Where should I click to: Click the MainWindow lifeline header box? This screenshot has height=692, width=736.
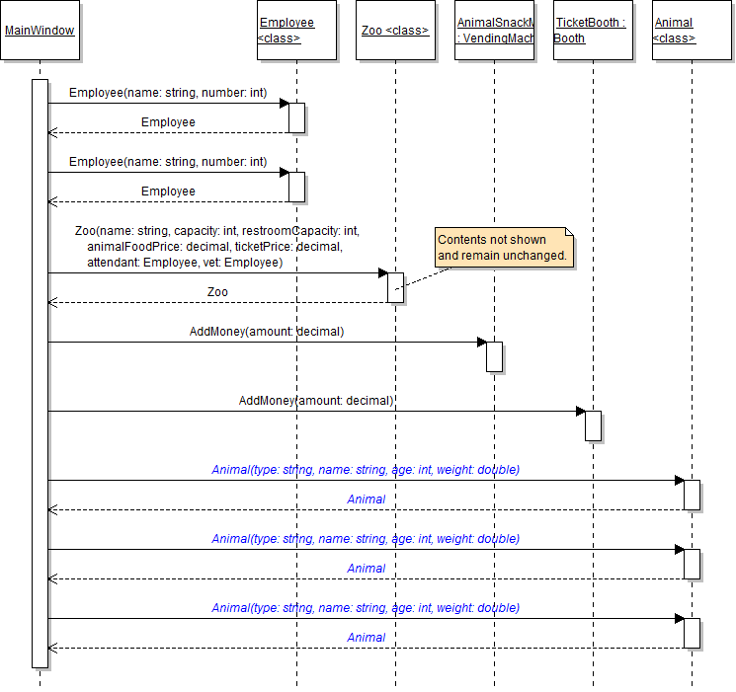point(40,31)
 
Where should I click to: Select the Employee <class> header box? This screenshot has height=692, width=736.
point(296,31)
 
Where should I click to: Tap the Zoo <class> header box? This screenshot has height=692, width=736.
point(395,31)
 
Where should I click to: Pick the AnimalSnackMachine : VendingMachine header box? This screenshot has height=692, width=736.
point(494,31)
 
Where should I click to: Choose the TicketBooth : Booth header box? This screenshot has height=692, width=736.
point(593,31)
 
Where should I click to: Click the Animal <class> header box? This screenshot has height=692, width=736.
point(692,31)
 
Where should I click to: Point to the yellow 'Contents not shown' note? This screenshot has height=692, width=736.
point(502,247)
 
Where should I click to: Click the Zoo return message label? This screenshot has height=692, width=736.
point(217,292)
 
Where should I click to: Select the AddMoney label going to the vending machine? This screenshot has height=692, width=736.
point(267,332)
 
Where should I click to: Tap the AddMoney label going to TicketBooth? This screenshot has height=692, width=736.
point(316,401)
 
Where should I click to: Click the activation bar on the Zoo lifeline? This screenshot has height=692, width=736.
point(395,287)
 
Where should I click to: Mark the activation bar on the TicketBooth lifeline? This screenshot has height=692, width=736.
point(593,425)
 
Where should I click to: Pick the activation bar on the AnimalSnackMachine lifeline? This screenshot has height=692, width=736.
point(494,356)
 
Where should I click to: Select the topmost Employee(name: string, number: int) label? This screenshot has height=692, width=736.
point(168,93)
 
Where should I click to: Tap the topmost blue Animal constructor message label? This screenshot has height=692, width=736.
point(366,470)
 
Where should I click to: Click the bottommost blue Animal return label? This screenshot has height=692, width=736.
point(366,638)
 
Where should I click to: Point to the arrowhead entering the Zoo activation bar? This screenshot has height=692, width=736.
point(382,273)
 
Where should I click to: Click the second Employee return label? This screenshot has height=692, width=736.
point(168,192)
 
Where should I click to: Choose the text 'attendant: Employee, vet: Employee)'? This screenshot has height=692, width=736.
point(185,263)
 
